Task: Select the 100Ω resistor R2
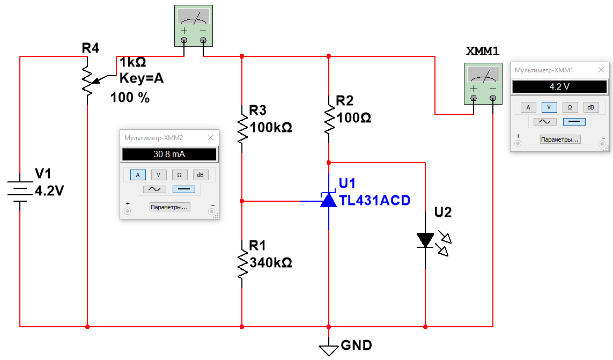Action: [x=329, y=116]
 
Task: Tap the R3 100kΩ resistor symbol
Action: [x=242, y=128]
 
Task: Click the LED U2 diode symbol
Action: [x=425, y=239]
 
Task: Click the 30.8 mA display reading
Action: [x=169, y=155]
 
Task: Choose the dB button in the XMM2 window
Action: [x=200, y=175]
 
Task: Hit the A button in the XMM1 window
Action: [x=528, y=107]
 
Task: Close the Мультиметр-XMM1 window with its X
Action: [x=601, y=70]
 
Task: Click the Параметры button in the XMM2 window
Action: [x=169, y=207]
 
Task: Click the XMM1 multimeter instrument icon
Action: [x=483, y=83]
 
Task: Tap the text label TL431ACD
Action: [x=375, y=201]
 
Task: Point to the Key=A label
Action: [x=142, y=79]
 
